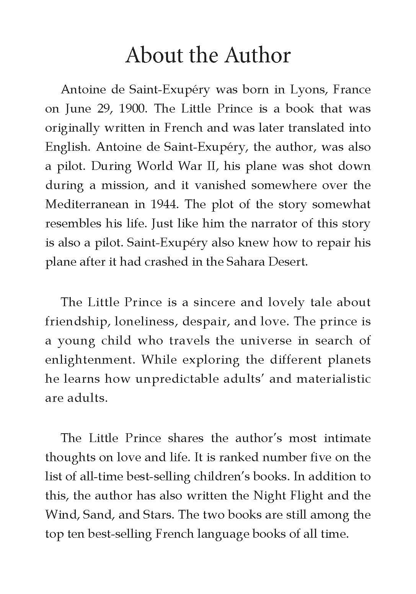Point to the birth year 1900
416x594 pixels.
click(x=132, y=109)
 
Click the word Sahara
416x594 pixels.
click(x=244, y=262)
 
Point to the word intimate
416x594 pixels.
click(x=347, y=438)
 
